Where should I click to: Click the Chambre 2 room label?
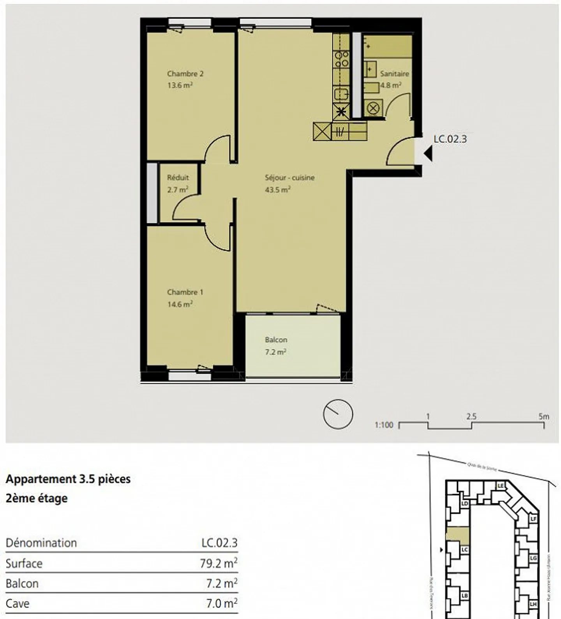coord(185,74)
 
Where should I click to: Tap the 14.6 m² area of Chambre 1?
coord(180,304)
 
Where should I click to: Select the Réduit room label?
coord(178,178)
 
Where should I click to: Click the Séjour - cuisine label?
coord(289,178)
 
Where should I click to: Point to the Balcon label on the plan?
coord(276,340)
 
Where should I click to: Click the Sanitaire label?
coord(394,74)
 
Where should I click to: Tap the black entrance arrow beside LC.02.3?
coord(428,153)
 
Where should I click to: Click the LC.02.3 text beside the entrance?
coord(450,139)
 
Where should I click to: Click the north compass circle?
coord(338,414)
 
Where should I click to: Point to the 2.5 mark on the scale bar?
coord(471,416)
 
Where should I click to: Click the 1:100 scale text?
coord(384,425)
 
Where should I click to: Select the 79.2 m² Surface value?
coord(219,563)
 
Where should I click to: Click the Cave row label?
coord(18,603)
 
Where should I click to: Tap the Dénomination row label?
coord(41,543)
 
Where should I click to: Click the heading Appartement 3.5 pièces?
coord(68,479)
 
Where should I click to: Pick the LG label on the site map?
coord(533,558)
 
